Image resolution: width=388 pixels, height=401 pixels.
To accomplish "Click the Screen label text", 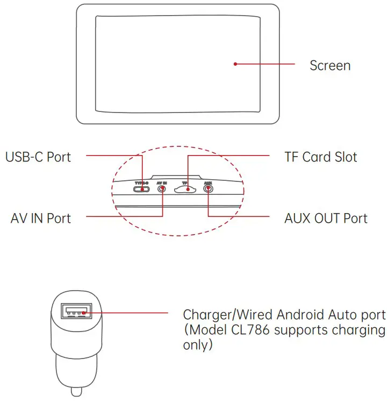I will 330,66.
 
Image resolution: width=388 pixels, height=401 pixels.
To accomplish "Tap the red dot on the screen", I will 235,64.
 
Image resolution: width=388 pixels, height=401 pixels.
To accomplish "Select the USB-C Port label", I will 38,157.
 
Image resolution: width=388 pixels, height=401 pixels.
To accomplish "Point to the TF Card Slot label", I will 321,157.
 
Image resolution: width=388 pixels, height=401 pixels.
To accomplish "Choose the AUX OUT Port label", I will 326,218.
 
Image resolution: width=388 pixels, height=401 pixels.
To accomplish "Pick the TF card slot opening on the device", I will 184,190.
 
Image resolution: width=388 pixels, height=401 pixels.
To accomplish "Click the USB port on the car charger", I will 75,312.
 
